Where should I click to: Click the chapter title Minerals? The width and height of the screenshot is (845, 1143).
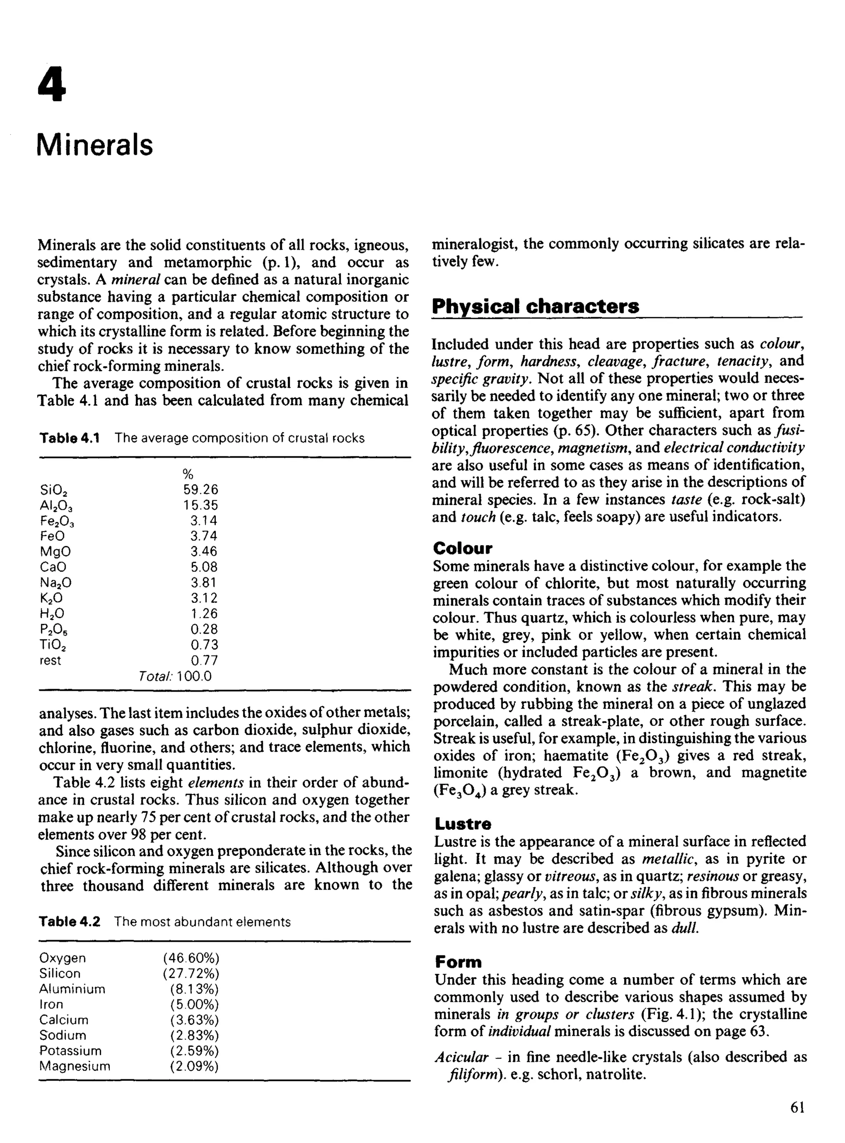coord(95,145)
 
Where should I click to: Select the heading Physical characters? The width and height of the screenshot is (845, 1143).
coord(535,306)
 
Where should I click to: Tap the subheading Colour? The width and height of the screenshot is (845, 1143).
coord(463,548)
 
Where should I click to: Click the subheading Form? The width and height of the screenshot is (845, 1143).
coord(458,963)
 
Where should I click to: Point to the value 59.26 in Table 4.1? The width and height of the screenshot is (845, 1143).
coord(201,490)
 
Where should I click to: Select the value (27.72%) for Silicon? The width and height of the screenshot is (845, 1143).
coord(191,973)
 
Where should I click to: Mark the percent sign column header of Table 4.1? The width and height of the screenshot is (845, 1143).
coord(187,474)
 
